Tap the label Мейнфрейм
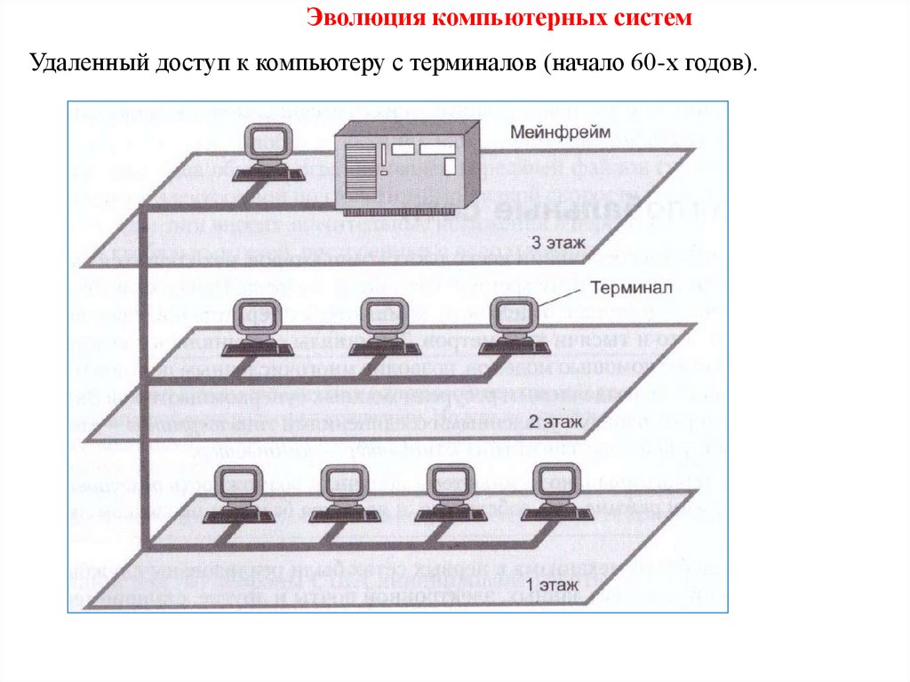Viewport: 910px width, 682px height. tap(560, 132)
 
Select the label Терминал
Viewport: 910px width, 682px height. tap(634, 288)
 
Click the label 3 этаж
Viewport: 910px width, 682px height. tap(557, 242)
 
